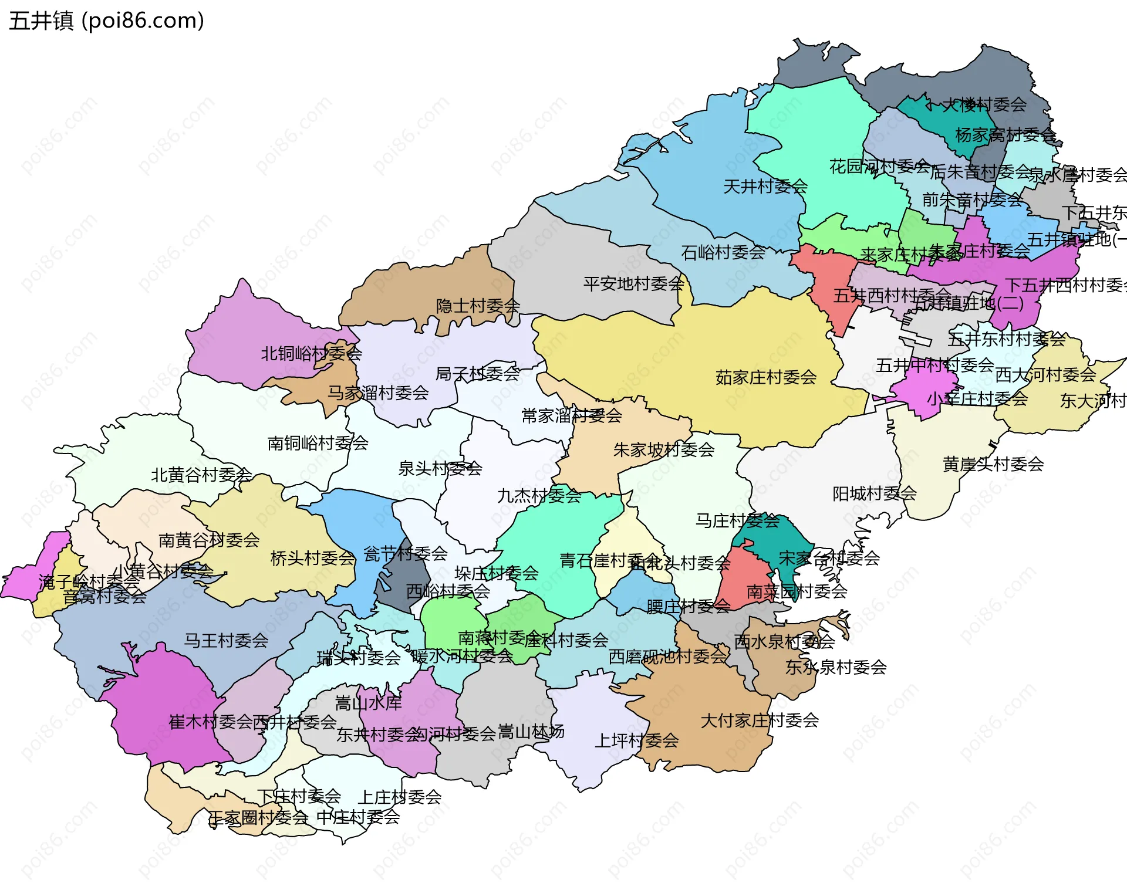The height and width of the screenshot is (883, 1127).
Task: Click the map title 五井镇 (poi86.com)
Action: tap(106, 21)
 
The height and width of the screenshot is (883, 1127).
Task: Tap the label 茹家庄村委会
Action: tap(766, 377)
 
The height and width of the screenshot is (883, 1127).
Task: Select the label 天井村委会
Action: tap(765, 187)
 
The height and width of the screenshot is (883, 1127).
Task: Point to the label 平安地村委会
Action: tap(633, 284)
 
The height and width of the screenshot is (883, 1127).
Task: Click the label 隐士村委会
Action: tap(478, 306)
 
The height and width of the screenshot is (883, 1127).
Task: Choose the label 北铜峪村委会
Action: tap(311, 353)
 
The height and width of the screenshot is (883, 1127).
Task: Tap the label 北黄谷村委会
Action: tap(201, 475)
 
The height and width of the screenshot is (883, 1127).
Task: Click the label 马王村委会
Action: tap(226, 640)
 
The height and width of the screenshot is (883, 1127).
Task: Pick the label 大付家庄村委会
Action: tap(760, 720)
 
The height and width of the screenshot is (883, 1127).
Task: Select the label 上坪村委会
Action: tap(636, 740)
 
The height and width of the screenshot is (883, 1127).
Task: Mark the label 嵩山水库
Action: tap(368, 702)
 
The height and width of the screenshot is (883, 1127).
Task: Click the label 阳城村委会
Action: tap(875, 493)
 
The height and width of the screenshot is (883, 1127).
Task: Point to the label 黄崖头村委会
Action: tap(993, 464)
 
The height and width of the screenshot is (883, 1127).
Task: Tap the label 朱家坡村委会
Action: tap(664, 450)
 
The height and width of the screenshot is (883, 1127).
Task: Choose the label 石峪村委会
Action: tap(723, 252)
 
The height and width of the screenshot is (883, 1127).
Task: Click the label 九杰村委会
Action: tap(539, 496)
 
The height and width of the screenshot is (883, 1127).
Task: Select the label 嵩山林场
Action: tap(531, 731)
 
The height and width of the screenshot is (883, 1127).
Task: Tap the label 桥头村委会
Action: tap(312, 558)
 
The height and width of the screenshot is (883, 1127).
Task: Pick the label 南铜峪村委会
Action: tap(318, 443)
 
